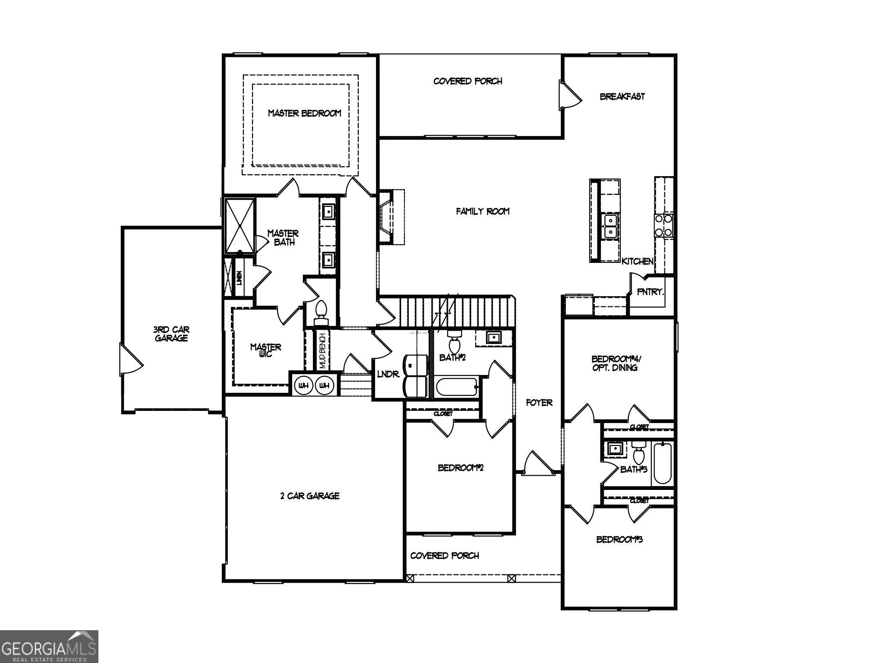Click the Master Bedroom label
(304, 113)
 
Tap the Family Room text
(483, 211)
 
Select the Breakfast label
(622, 96)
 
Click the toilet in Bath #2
(454, 343)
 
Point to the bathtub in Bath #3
(662, 463)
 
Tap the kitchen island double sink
(610, 226)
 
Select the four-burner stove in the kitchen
(663, 225)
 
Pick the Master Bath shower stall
(240, 226)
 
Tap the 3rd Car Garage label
(171, 334)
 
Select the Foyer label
(539, 403)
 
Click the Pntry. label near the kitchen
(650, 292)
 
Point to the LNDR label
(388, 374)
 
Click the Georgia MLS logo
(49, 646)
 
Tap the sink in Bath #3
(614, 449)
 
